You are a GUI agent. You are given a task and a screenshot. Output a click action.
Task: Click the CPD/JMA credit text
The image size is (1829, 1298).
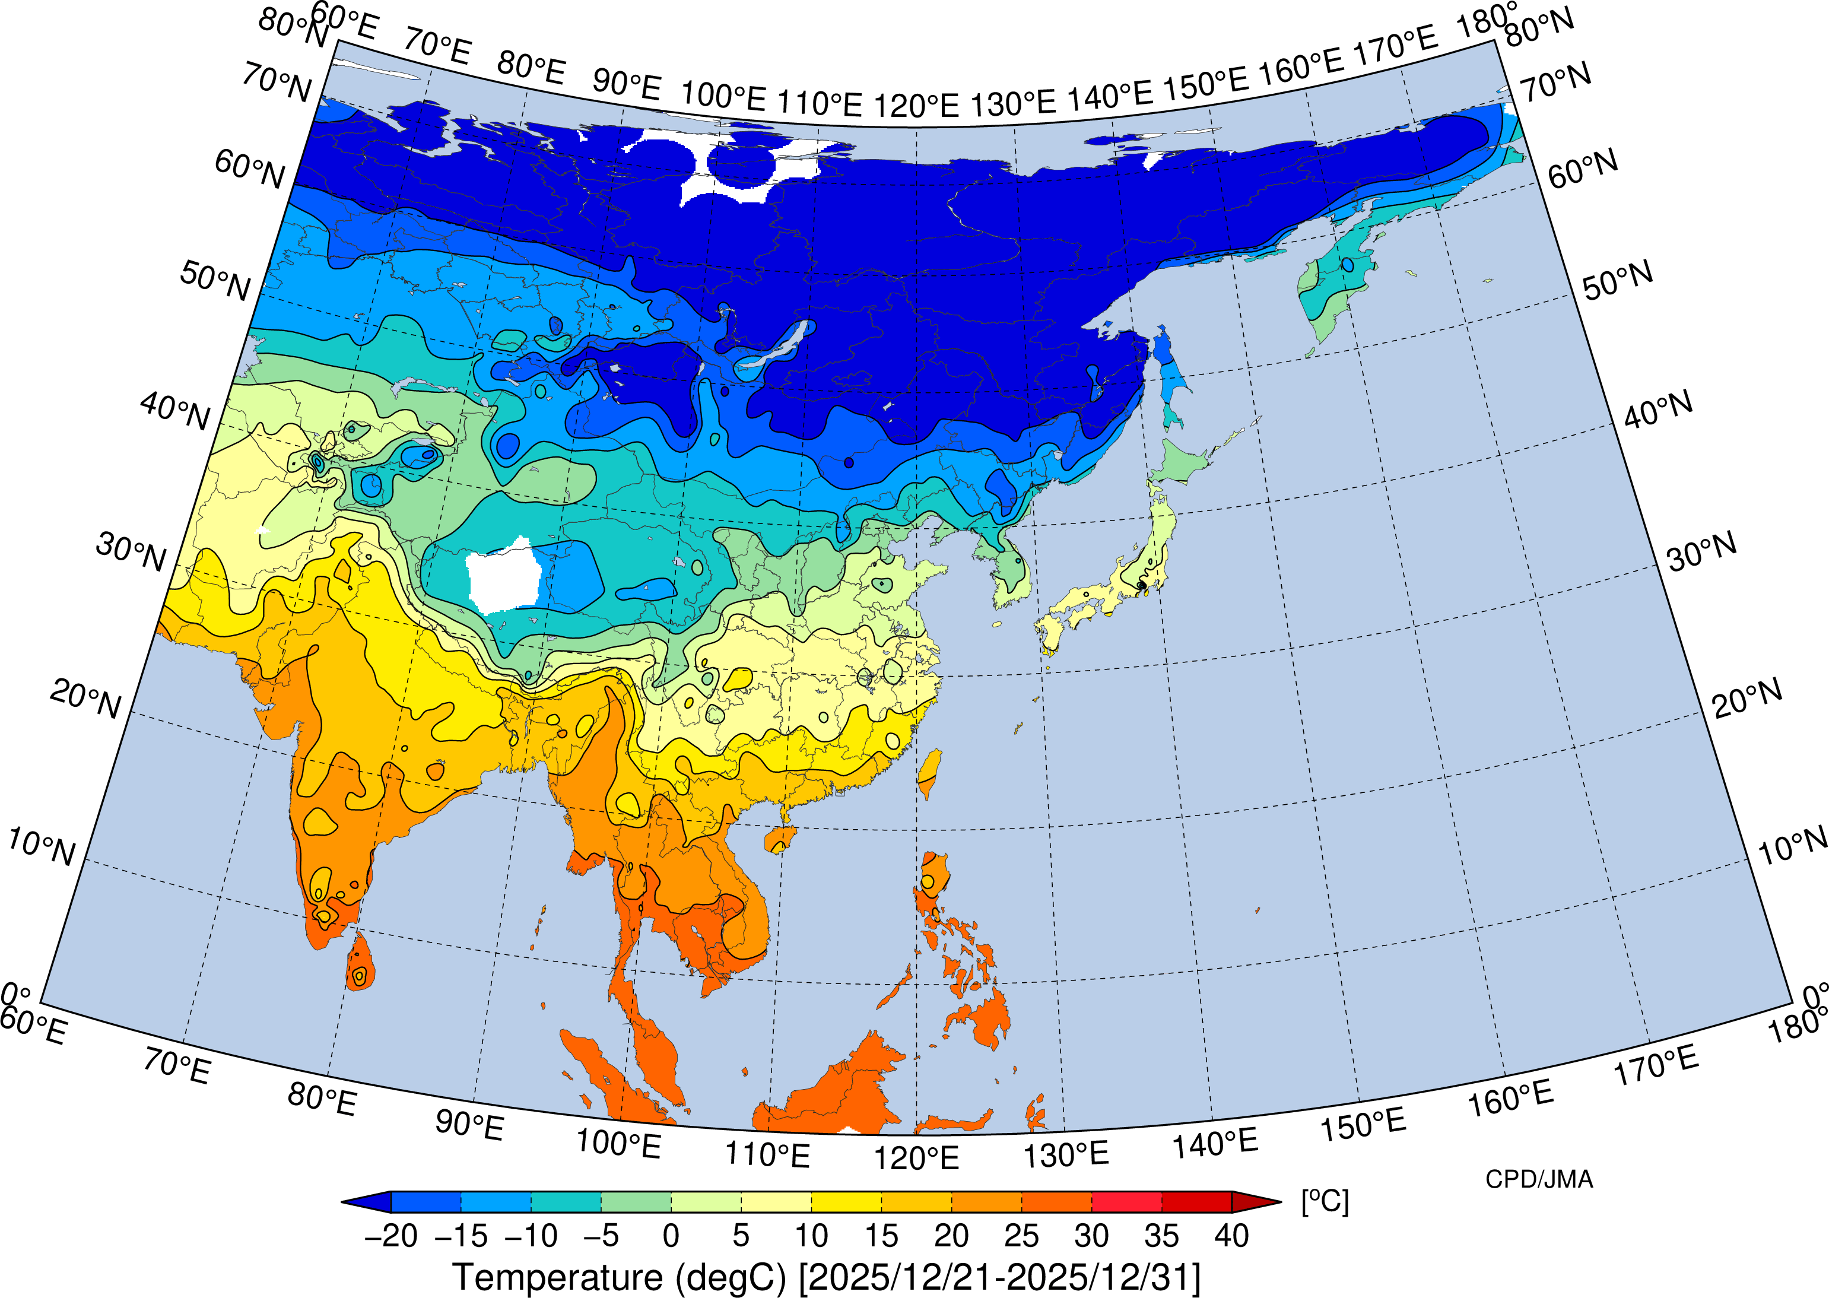click(1539, 1180)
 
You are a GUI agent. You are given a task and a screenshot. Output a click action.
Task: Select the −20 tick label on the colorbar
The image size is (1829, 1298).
click(390, 1236)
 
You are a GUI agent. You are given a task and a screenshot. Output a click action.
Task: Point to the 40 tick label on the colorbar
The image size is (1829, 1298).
click(1231, 1236)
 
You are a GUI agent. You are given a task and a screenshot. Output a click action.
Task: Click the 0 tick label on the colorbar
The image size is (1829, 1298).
click(671, 1236)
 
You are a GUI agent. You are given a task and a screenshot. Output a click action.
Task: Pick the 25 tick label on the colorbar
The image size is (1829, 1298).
click(1021, 1236)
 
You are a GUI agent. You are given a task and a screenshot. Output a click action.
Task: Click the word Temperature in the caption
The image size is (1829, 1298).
click(557, 1277)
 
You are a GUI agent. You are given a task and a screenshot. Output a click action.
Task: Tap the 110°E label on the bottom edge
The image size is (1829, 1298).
click(767, 1155)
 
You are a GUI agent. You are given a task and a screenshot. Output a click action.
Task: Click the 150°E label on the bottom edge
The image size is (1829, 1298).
click(1363, 1125)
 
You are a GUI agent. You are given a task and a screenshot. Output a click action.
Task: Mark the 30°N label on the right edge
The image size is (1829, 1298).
click(1702, 551)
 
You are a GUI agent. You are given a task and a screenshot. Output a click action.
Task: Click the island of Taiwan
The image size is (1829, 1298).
click(929, 772)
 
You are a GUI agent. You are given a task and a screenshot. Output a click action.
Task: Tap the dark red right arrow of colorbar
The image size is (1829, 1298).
click(1255, 1201)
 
